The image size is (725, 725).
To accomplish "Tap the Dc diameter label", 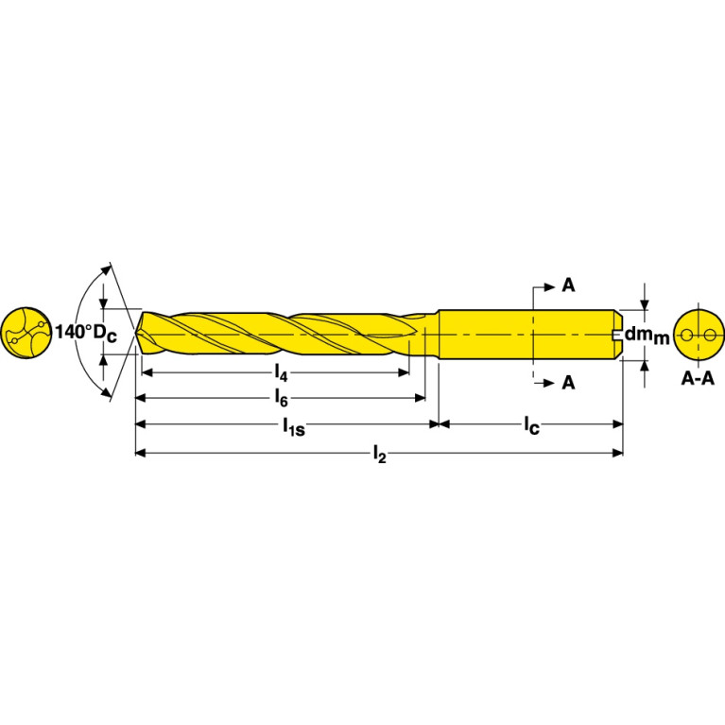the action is [106, 334].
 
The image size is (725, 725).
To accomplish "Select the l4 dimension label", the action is [281, 373].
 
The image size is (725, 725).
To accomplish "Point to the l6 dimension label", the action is [281, 398].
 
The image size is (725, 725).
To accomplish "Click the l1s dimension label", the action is [294, 426].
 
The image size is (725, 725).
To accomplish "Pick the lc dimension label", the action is [532, 425].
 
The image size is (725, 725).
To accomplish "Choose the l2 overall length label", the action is [379, 455].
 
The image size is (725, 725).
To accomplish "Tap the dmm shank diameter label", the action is [647, 335].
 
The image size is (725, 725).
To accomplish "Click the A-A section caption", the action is [698, 379].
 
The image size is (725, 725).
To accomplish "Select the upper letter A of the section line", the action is [568, 285].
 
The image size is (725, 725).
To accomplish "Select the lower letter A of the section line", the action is [568, 383].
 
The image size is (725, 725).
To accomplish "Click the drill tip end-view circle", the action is [26, 333].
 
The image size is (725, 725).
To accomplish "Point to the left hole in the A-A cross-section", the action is [687, 335].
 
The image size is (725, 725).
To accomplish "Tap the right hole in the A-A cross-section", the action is [710, 335].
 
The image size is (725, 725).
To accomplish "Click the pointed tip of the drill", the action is [135, 333].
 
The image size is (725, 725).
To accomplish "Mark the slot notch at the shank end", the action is [616, 334].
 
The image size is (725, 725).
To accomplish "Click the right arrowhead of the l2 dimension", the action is [617, 453].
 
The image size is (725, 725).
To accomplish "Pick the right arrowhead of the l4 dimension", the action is [404, 372].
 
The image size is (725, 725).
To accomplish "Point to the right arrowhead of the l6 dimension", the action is [420, 398].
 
